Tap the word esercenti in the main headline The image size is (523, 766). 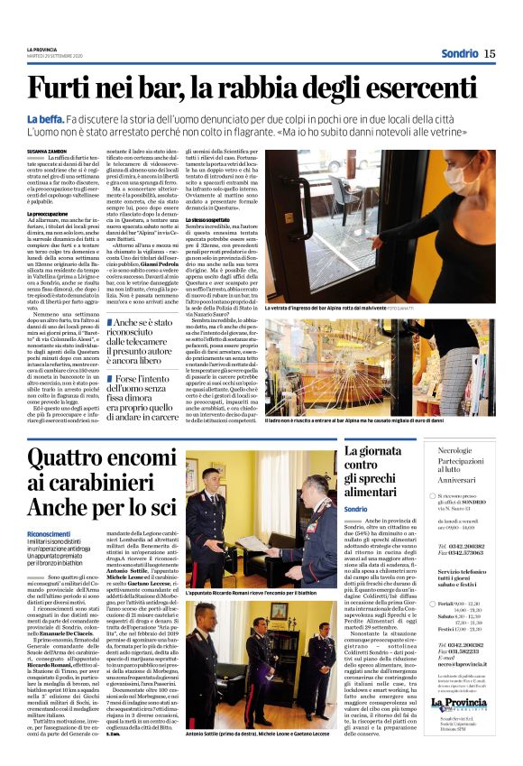pyautogui.click(x=423, y=89)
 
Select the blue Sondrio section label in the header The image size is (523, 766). pyautogui.click(x=459, y=53)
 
